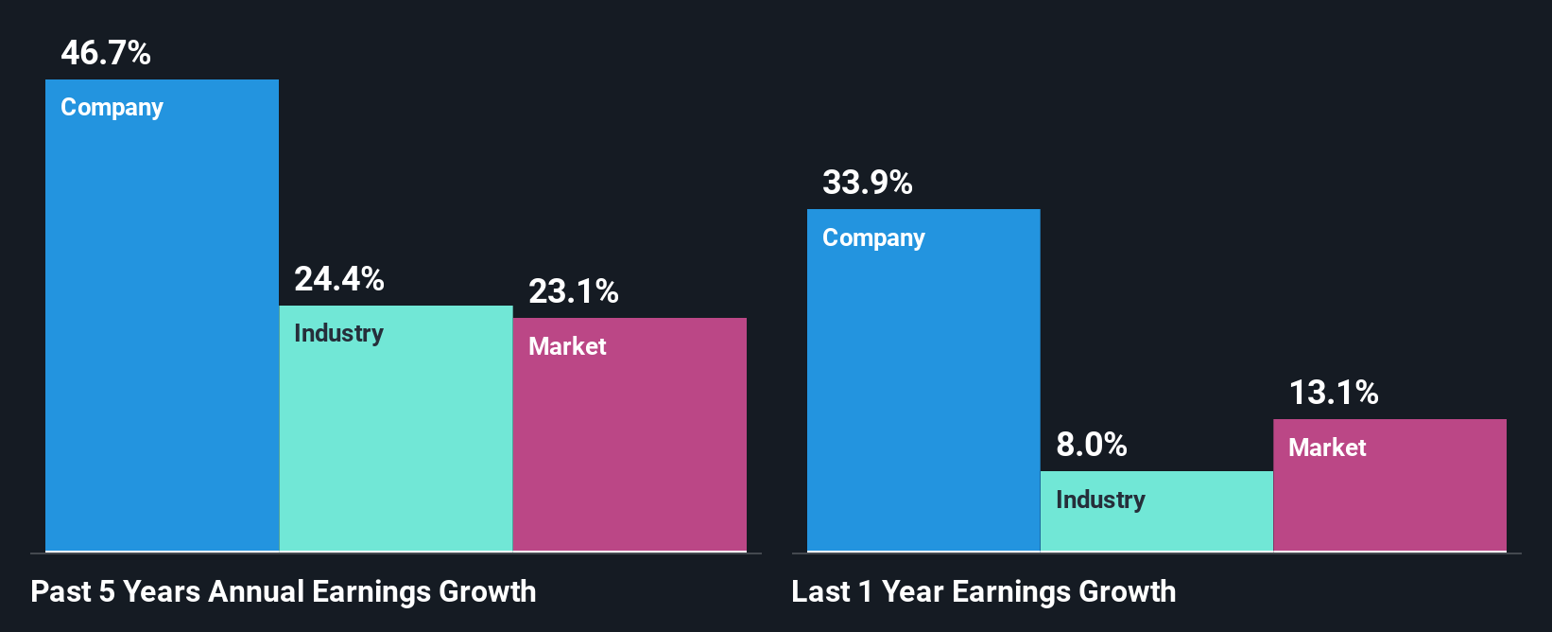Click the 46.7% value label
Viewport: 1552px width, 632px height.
pyautogui.click(x=105, y=53)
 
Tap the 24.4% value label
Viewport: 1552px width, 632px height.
pyautogui.click(x=338, y=279)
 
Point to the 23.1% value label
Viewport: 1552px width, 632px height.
pyautogui.click(x=573, y=291)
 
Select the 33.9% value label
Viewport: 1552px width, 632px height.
pyautogui.click(x=867, y=183)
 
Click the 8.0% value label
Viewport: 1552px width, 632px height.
pyautogui.click(x=1091, y=445)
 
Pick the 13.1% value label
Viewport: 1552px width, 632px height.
pyautogui.click(x=1333, y=393)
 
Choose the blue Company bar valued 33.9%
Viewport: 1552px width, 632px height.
pyautogui.click(x=923, y=397)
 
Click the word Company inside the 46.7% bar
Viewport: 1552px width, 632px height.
pyautogui.click(x=112, y=108)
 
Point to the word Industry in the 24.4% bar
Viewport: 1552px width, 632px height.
pyautogui.click(x=338, y=334)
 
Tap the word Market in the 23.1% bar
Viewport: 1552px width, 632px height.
pyautogui.click(x=567, y=346)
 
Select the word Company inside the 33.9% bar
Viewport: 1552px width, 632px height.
pyautogui.click(x=873, y=238)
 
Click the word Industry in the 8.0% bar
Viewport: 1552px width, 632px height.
pyautogui.click(x=1100, y=500)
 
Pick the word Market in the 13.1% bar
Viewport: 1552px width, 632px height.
pyautogui.click(x=1327, y=448)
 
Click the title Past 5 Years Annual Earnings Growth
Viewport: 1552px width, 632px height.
pyautogui.click(x=283, y=592)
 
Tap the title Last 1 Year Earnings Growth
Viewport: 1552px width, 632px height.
pyautogui.click(x=983, y=592)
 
